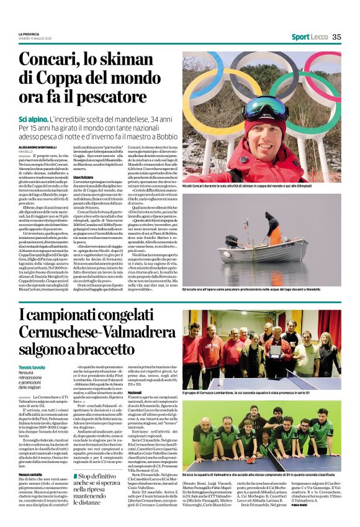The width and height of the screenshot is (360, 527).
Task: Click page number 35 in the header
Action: [336, 37]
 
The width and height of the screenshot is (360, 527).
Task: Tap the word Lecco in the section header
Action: [319, 37]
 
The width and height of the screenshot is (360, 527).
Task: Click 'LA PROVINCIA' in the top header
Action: [30, 34]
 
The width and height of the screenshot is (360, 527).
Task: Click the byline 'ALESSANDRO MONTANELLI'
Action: [39, 147]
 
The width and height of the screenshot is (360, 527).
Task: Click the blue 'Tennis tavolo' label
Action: [32, 367]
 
